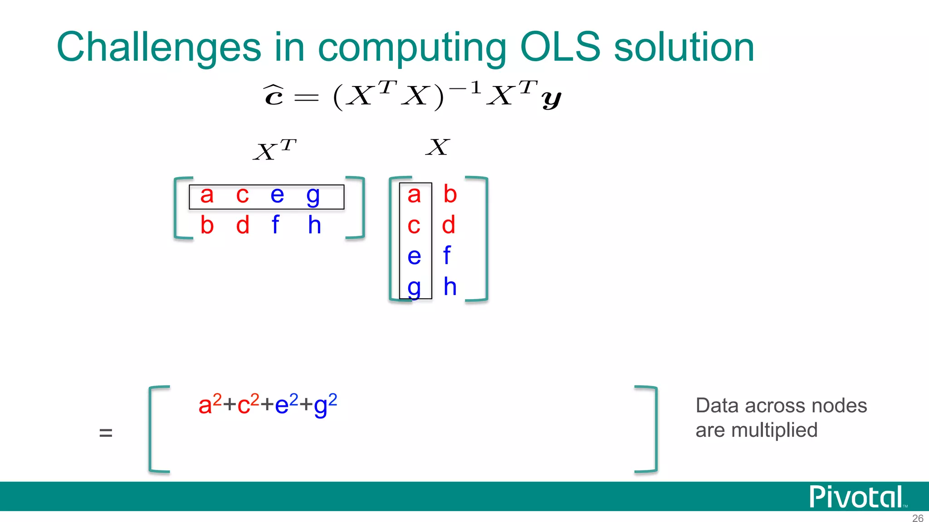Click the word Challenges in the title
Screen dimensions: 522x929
click(x=159, y=48)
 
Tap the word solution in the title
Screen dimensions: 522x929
click(x=684, y=48)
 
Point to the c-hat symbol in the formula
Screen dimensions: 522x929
click(x=274, y=95)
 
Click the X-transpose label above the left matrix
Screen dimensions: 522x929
click(x=274, y=150)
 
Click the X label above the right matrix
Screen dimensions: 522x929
click(x=438, y=147)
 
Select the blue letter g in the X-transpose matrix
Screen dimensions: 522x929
click(x=313, y=196)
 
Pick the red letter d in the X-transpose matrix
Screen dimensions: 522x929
click(x=243, y=225)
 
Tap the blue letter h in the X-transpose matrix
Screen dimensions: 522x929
click(x=314, y=225)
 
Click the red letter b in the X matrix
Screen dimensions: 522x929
click(x=450, y=194)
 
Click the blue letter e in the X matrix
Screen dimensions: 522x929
click(x=414, y=256)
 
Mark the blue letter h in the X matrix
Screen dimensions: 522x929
click(x=450, y=286)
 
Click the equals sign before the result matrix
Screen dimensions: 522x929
click(x=106, y=433)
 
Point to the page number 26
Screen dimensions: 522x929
click(x=917, y=518)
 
